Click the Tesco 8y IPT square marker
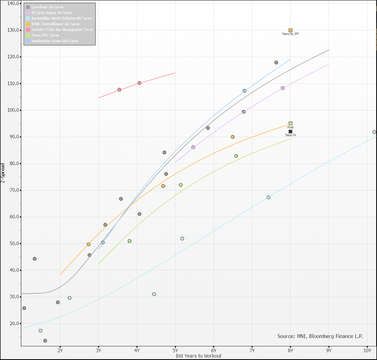coord(290,30)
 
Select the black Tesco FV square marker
coord(290,132)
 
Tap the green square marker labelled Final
coord(290,123)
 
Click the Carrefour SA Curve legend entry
coord(47,7)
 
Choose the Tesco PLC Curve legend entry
coord(45,35)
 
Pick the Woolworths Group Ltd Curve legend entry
coord(55,41)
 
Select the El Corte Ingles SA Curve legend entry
coord(52,13)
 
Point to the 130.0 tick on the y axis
coord(13,30)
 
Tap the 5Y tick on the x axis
coord(175,350)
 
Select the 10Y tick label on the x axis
coord(367,350)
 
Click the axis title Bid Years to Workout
coord(199,356)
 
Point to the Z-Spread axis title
coord(3,173)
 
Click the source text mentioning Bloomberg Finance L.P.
coord(320,336)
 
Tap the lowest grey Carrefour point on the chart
coord(45,341)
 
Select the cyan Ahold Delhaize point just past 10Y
coord(374,132)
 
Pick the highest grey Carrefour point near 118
coord(276,63)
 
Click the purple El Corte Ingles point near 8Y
coord(283,88)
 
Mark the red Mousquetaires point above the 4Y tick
coord(139,83)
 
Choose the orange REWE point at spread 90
coord(233,137)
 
